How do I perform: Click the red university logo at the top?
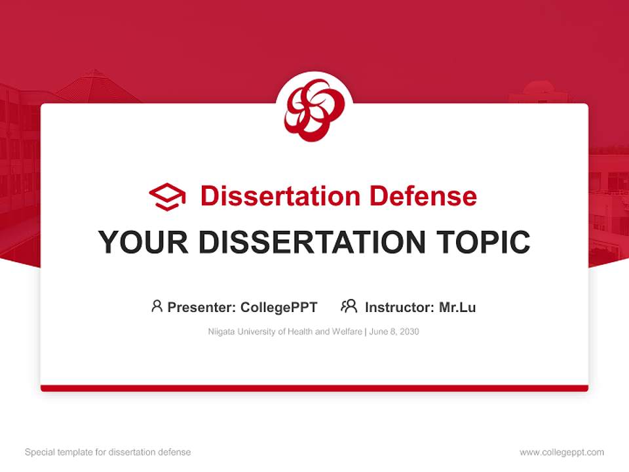[314, 109]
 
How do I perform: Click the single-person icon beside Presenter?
[157, 306]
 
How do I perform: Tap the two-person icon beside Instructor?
[349, 306]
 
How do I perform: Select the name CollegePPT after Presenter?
[279, 307]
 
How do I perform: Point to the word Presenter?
[202, 307]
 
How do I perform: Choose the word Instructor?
[399, 307]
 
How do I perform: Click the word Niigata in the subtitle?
[219, 332]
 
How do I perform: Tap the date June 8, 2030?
[394, 332]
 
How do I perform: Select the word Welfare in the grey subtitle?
[347, 332]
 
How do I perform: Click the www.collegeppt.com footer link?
[562, 452]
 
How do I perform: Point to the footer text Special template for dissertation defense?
[108, 452]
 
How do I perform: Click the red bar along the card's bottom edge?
[314, 388]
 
